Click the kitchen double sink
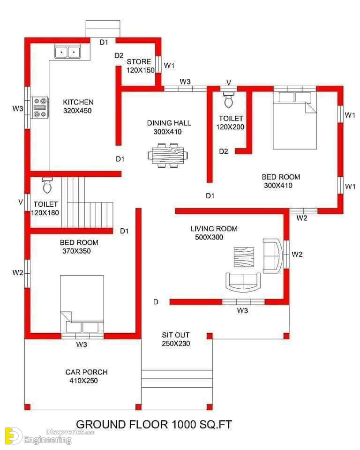click(68, 52)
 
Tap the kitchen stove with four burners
click(40, 108)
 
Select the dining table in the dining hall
click(168, 155)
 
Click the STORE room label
click(139, 62)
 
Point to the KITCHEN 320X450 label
click(78, 106)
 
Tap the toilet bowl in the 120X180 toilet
click(47, 186)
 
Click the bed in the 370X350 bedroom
click(82, 304)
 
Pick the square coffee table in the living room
click(244, 257)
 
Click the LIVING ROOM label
click(214, 229)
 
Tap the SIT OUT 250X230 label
click(176, 339)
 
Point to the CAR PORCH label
click(86, 372)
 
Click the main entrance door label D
click(156, 302)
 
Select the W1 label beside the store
click(169, 66)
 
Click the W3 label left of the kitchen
click(18, 108)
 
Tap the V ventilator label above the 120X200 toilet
click(229, 82)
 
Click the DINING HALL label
click(169, 123)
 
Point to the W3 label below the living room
click(242, 310)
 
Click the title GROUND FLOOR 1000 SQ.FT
click(154, 425)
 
